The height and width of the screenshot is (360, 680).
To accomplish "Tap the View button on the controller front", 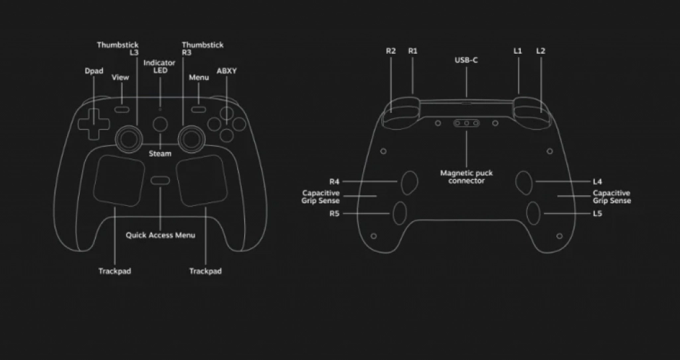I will (121, 108).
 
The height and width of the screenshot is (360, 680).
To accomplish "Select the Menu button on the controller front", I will (199, 108).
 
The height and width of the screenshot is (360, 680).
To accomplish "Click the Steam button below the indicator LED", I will (160, 124).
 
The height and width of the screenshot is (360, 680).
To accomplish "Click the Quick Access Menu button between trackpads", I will (160, 181).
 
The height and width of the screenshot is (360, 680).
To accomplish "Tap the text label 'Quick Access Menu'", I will (160, 235).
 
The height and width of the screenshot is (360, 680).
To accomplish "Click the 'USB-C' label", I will (466, 60).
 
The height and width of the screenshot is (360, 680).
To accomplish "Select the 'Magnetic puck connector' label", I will (466, 177).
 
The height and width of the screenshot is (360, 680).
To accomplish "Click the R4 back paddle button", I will (409, 181).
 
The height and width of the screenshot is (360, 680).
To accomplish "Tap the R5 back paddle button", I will (400, 213).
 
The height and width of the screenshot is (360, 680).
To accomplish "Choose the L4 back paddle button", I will (524, 181).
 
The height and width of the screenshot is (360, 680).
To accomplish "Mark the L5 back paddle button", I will (533, 213).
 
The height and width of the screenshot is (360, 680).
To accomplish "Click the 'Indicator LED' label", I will (159, 66).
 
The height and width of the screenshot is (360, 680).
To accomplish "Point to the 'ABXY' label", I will (226, 70).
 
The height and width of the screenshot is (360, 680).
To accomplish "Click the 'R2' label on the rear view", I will (391, 51).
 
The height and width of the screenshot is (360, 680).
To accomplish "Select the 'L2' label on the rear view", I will (541, 51).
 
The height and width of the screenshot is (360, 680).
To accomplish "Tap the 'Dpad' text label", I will (94, 70).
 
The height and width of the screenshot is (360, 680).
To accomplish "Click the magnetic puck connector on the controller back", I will (467, 123).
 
